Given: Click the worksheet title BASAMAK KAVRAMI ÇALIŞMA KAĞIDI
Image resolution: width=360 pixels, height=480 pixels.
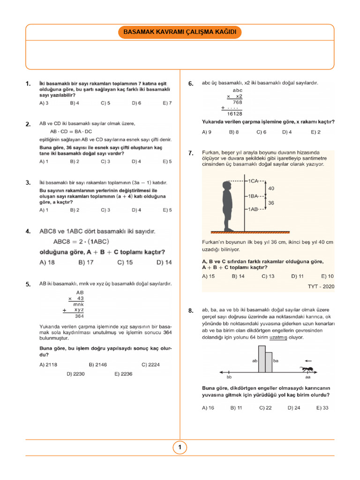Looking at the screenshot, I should coord(180,32).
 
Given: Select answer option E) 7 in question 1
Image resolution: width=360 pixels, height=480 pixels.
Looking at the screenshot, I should coord(167,103).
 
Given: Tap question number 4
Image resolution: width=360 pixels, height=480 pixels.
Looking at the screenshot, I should coord(29,232).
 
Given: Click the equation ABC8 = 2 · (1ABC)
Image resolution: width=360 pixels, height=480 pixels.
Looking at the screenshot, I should coord(82,242).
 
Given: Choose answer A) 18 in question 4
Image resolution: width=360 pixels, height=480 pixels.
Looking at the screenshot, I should coord(47,262).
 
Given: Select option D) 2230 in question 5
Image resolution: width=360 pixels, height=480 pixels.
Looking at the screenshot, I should coord(75,374).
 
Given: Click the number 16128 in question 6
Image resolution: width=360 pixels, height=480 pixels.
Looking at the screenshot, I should coord(234,113).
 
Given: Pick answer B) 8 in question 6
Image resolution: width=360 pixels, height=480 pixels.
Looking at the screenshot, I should coord(234,132).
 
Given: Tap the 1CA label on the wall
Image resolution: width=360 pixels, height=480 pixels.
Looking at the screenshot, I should coord(253,180).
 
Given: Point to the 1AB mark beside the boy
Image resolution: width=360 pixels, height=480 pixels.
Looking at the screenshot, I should coord(253,209).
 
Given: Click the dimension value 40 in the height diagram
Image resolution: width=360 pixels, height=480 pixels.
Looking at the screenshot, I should coord(271,188).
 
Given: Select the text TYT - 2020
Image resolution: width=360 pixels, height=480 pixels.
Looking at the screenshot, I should coord(321,286).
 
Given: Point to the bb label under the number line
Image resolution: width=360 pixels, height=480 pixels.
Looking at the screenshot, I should coord(229,376).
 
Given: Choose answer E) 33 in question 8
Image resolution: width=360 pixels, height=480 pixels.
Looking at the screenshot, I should coord(322,408).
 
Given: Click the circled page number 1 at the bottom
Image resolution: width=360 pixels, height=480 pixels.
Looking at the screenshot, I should coord(180,448).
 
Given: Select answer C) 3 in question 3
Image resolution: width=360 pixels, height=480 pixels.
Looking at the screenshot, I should coord(105,210).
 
